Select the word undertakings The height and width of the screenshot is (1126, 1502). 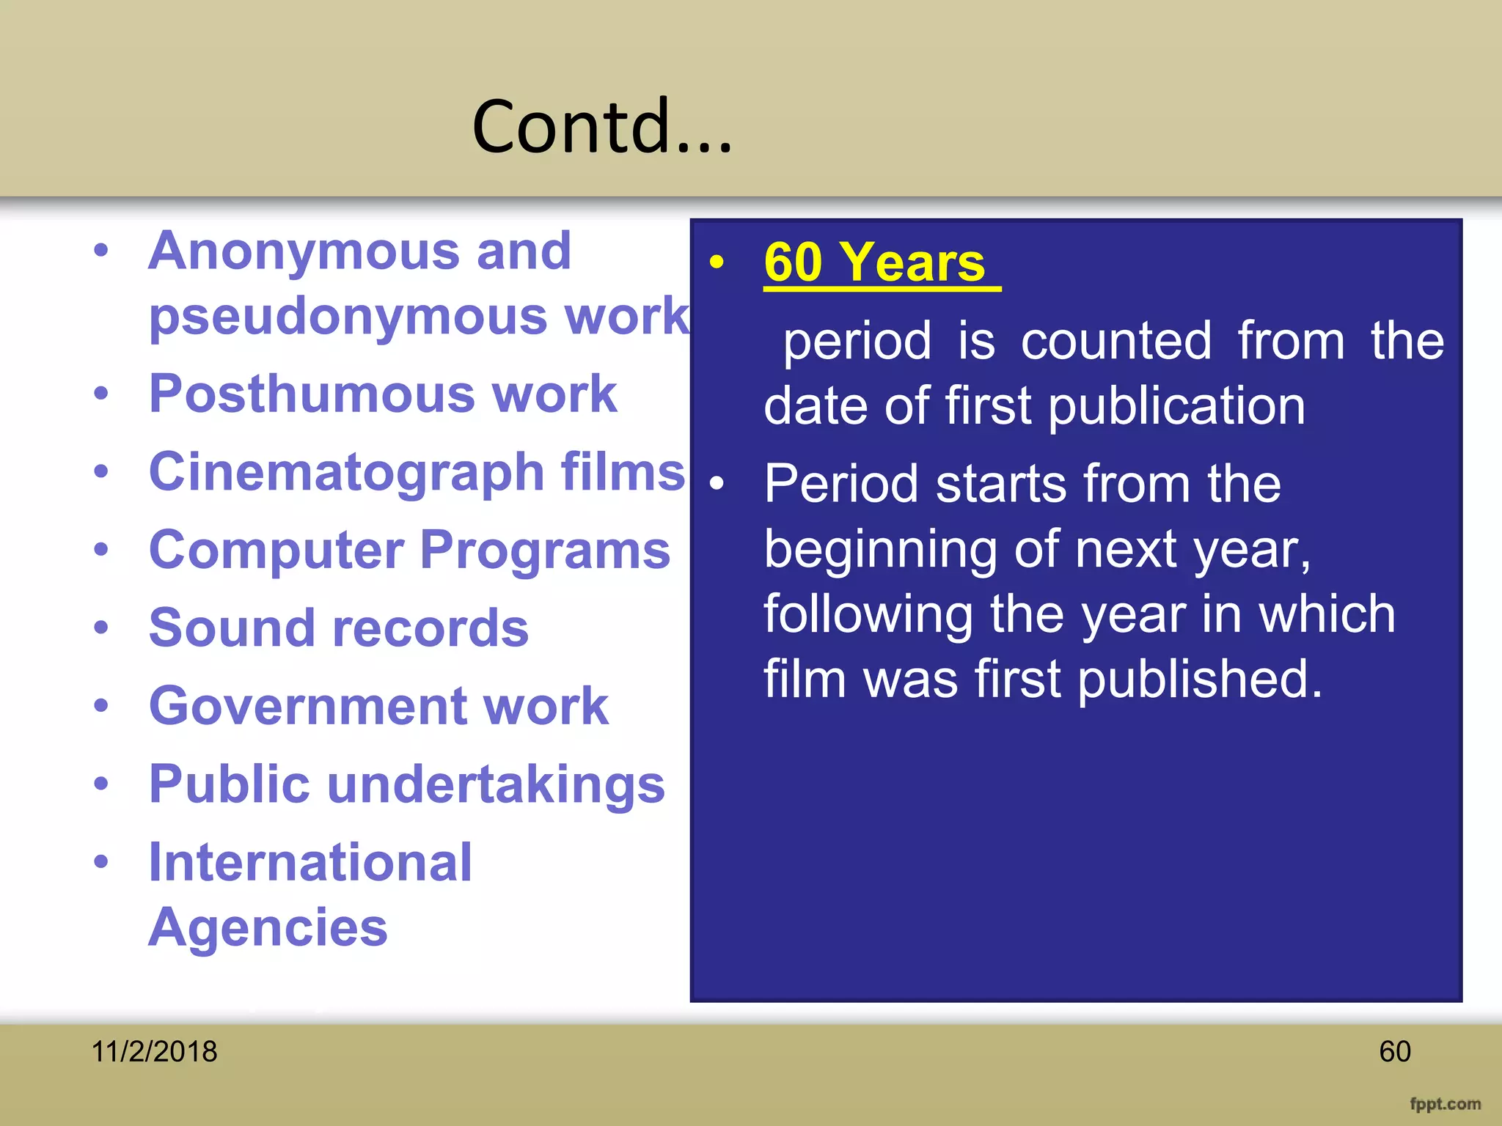pyautogui.click(x=496, y=784)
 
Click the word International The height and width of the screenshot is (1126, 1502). pyautogui.click(x=310, y=863)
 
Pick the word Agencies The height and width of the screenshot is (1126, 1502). pyautogui.click(x=268, y=928)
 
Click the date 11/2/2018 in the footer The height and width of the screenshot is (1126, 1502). pyautogui.click(x=154, y=1051)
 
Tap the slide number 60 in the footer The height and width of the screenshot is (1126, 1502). pyautogui.click(x=1394, y=1051)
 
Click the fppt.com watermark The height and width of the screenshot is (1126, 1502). pyautogui.click(x=1445, y=1104)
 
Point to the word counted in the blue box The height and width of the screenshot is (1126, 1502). pyautogui.click(x=1115, y=342)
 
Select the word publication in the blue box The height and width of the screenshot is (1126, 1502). pyautogui.click(x=1176, y=407)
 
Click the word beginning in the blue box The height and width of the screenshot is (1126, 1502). pyautogui.click(x=880, y=550)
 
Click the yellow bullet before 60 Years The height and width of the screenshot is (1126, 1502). pyautogui.click(x=717, y=262)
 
